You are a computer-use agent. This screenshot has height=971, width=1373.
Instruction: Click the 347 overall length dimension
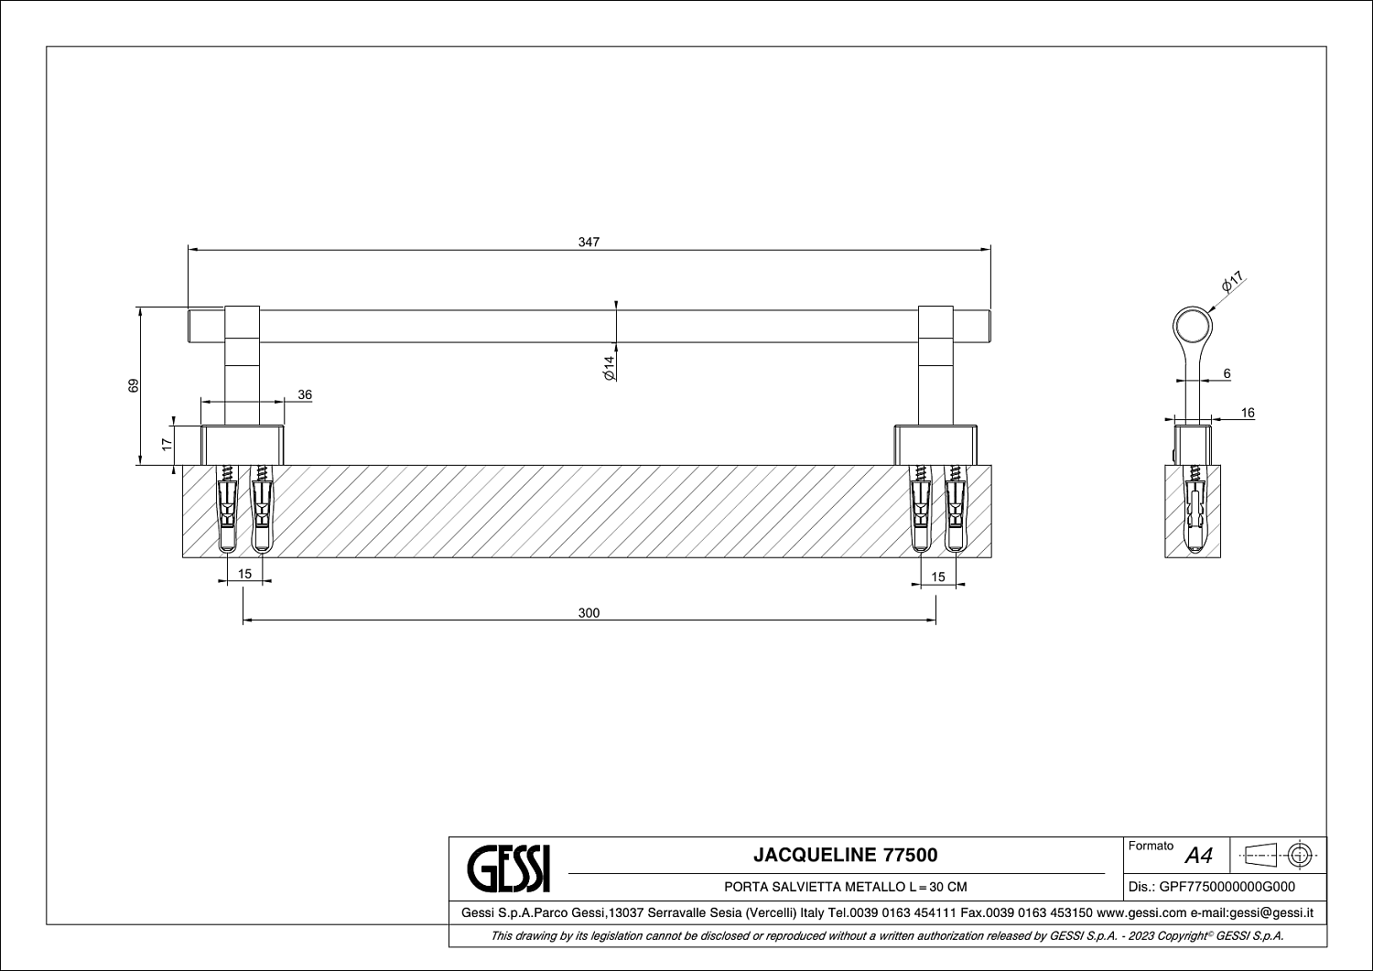click(589, 243)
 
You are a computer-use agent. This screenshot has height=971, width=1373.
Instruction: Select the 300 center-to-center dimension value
click(589, 613)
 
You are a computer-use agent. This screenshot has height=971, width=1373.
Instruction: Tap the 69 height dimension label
click(134, 385)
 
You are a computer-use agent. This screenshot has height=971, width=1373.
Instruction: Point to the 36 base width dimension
click(305, 394)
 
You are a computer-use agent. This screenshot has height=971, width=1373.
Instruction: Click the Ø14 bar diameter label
click(609, 368)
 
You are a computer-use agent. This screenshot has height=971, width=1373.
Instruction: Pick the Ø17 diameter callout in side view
click(1232, 281)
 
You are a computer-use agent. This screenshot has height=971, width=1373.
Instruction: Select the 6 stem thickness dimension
click(1227, 373)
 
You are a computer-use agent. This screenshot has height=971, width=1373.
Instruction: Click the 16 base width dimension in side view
click(1248, 413)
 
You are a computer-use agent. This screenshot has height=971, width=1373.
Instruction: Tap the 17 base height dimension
click(167, 445)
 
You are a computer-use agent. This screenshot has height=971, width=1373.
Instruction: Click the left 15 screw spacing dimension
click(244, 574)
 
